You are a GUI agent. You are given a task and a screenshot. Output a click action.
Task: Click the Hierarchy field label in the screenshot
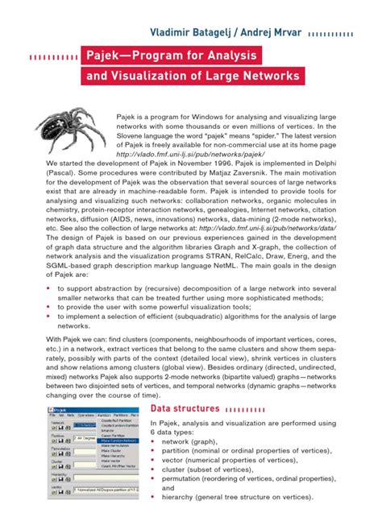coord(59,475)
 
